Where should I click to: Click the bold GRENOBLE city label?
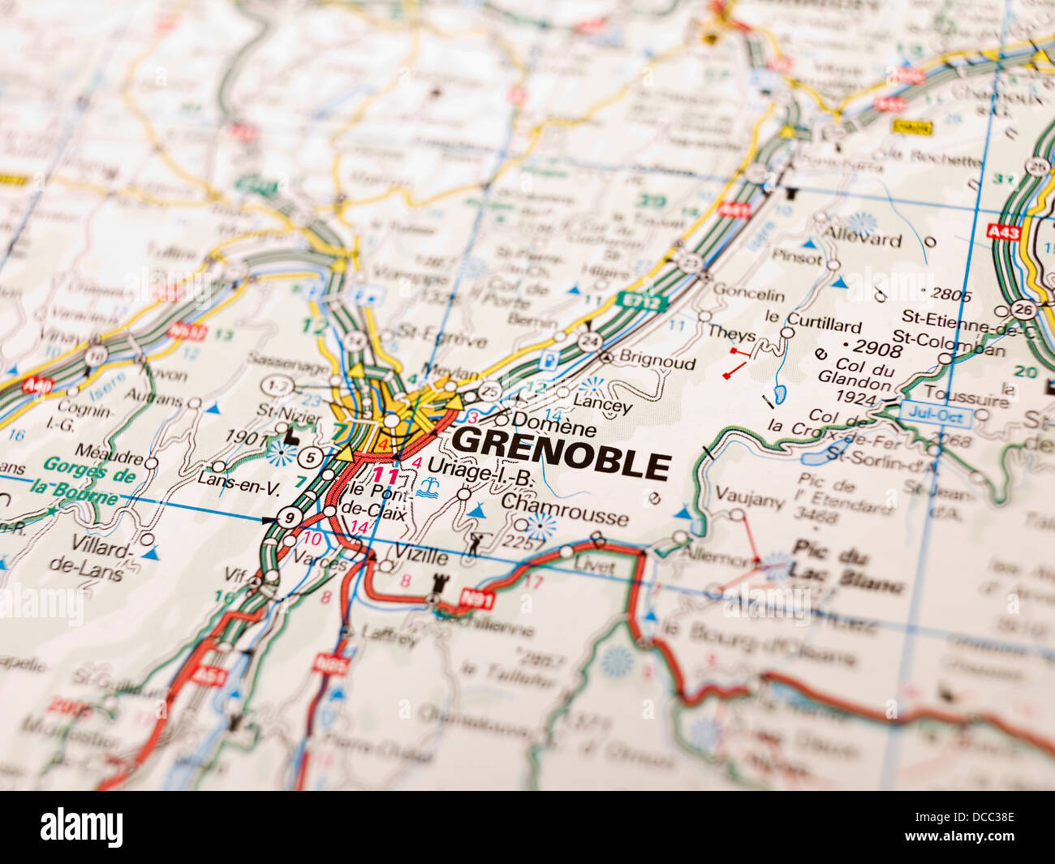561,463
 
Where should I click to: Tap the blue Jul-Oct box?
936,414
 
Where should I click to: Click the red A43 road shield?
1004,231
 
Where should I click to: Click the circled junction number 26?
1024,309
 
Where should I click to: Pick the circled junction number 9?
290,517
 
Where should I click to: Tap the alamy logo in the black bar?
82,827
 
